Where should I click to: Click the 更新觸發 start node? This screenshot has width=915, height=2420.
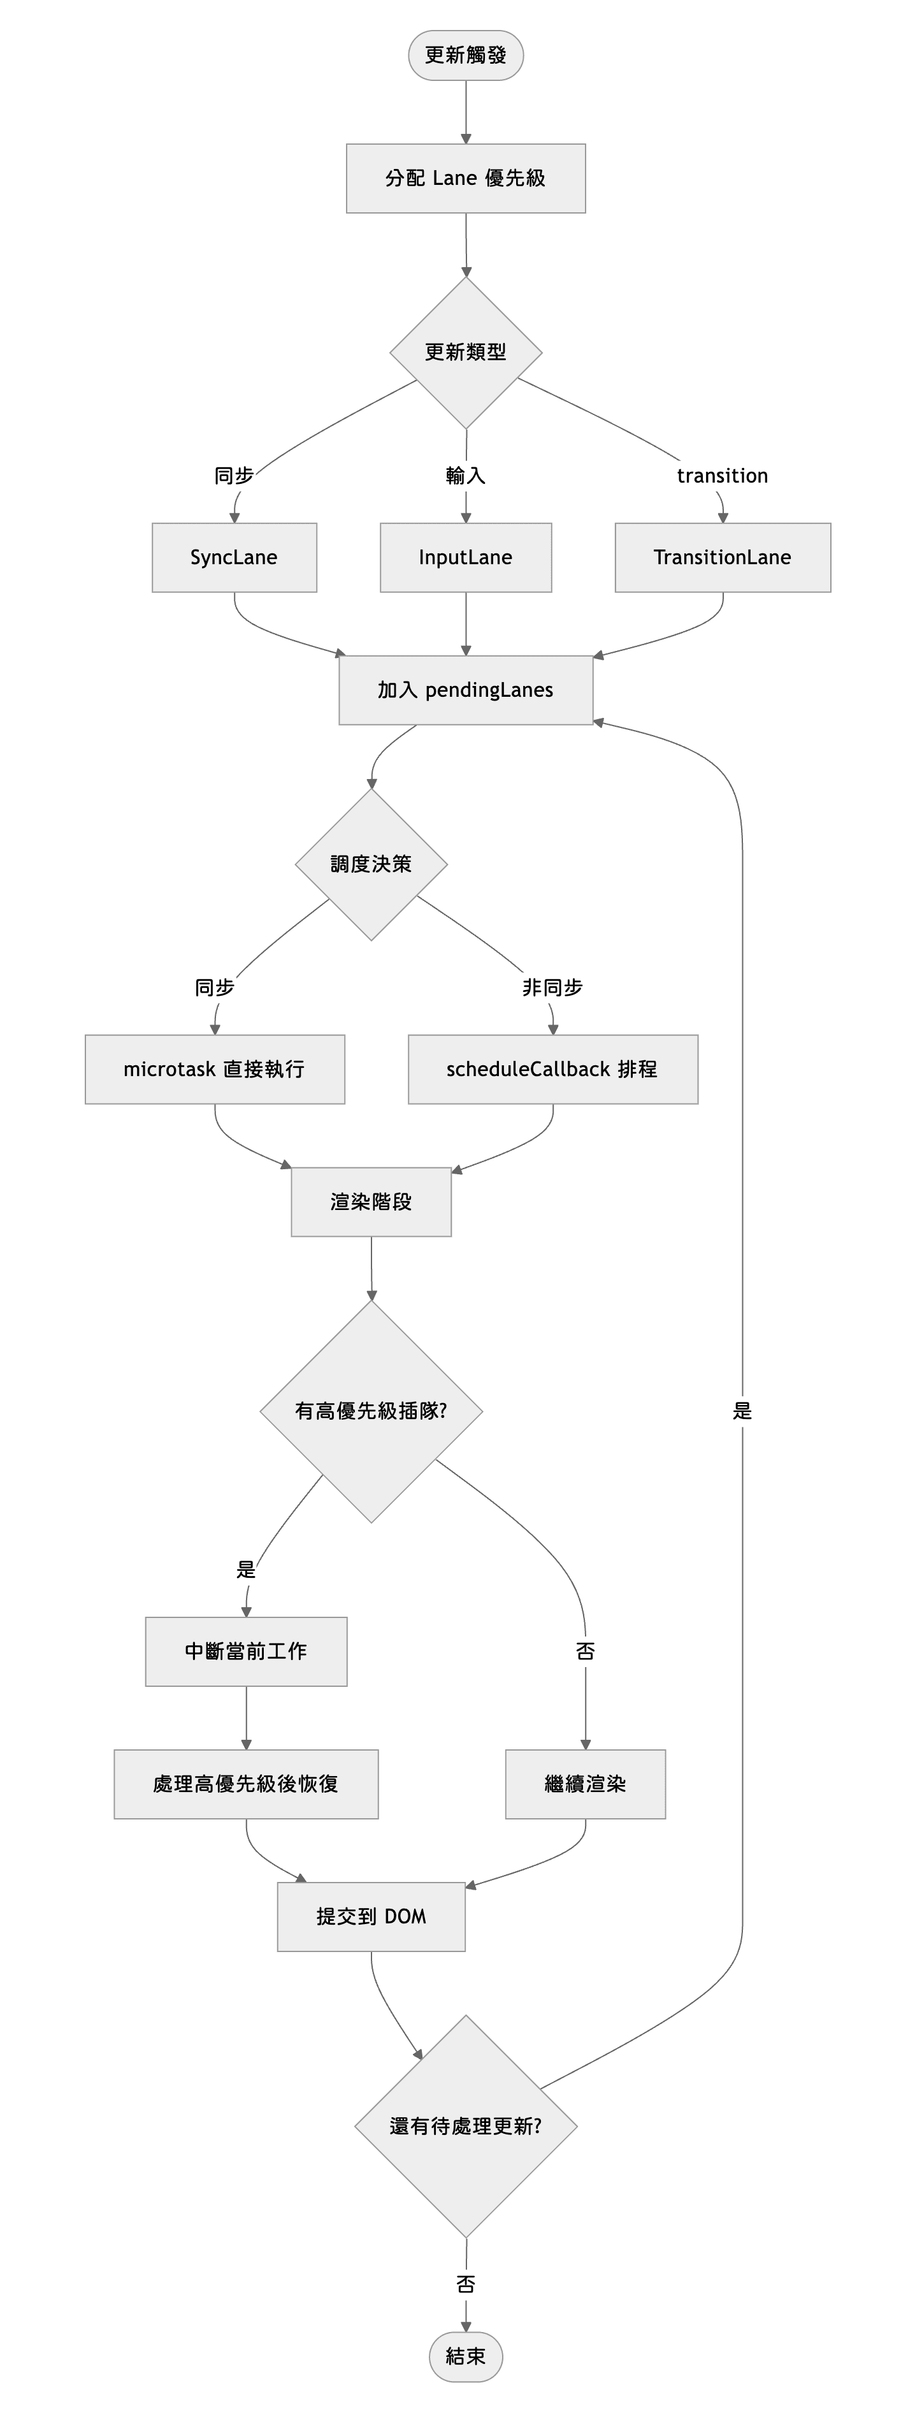(465, 55)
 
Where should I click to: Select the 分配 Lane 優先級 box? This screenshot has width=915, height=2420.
(465, 179)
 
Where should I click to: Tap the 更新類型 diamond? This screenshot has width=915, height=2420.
(465, 353)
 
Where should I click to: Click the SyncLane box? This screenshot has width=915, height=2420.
(234, 557)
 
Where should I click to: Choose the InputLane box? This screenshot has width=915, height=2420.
(465, 557)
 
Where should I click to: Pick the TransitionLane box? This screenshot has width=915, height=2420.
(723, 557)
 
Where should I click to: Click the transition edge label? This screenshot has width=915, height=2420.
(723, 476)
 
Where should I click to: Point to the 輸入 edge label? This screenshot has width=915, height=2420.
(465, 476)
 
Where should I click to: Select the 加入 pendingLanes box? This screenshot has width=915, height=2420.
(465, 690)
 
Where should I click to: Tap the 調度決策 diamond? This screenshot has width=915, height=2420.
(371, 864)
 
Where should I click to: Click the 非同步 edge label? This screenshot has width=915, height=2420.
(552, 988)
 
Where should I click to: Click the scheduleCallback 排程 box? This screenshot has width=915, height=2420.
(552, 1069)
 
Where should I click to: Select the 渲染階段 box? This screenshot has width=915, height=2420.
(371, 1202)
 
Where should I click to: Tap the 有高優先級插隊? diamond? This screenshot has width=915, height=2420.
(371, 1411)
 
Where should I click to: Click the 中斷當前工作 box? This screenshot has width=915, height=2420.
(246, 1652)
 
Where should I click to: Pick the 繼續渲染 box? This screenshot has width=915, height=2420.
(586, 1784)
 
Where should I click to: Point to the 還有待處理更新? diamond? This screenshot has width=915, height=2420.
(465, 2126)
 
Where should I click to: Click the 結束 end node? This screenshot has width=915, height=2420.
(465, 2356)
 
